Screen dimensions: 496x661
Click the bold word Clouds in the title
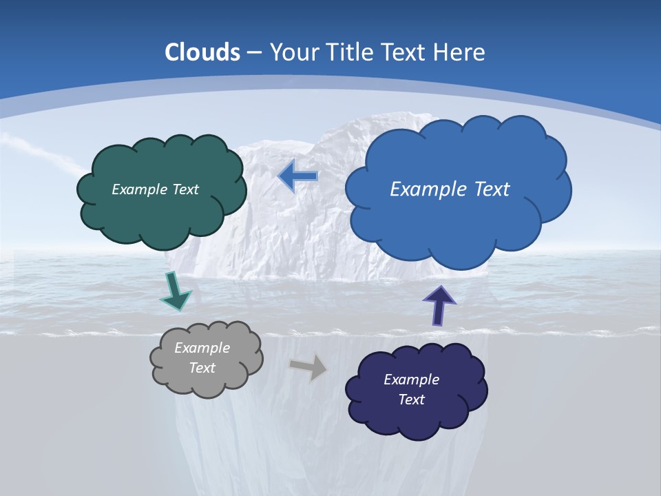[202, 52]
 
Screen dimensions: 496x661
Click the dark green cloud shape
[162, 214]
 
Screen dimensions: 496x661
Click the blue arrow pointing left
[299, 176]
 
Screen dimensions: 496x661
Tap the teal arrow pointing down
[175, 291]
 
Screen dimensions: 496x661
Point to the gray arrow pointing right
[308, 367]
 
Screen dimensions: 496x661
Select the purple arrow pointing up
[439, 304]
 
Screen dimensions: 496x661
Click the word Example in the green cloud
[138, 189]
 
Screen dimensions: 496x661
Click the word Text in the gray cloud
[202, 368]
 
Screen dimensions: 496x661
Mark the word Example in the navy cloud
[411, 380]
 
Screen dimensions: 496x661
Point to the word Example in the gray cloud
[202, 348]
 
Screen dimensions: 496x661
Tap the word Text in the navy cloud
[411, 400]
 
